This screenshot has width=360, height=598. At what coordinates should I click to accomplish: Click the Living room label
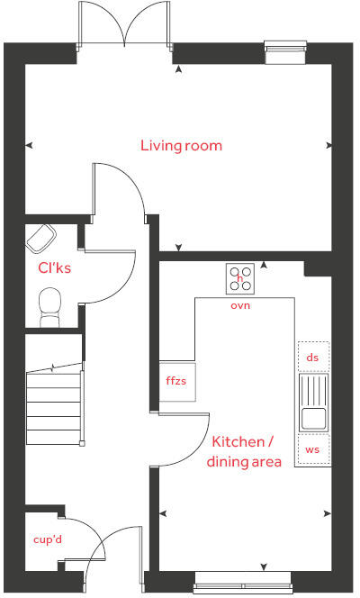point(181,145)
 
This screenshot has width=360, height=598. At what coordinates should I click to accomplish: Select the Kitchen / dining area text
point(244,452)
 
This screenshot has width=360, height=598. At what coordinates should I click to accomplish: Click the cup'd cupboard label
point(44,539)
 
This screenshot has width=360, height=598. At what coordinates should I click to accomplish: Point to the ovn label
point(240,305)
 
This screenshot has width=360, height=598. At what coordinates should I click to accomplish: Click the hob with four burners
point(240,278)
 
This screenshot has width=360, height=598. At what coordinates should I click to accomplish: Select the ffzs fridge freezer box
point(175,382)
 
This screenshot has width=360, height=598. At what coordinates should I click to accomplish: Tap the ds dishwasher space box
point(313,358)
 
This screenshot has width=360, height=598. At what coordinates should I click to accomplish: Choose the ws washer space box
point(313,448)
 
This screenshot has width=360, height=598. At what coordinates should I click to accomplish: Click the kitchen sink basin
point(313,418)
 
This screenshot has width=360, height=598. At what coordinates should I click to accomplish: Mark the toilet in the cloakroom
point(50,305)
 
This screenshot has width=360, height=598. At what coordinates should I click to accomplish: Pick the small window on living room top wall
point(278,51)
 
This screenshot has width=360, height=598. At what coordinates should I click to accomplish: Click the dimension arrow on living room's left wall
point(30,145)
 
